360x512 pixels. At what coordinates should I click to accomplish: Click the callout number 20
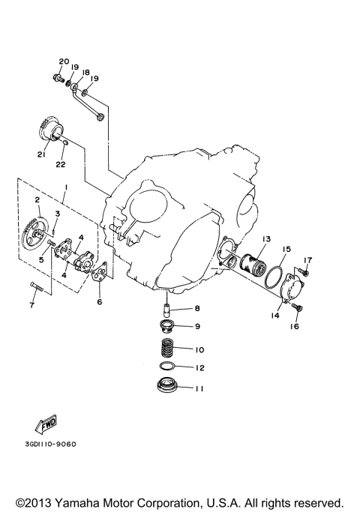coord(63,61)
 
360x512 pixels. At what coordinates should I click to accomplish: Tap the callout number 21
coord(41,156)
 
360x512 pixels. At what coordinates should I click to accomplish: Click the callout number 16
coord(295,327)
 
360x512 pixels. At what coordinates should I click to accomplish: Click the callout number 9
coord(198,326)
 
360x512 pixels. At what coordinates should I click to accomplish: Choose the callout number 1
coord(67,187)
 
